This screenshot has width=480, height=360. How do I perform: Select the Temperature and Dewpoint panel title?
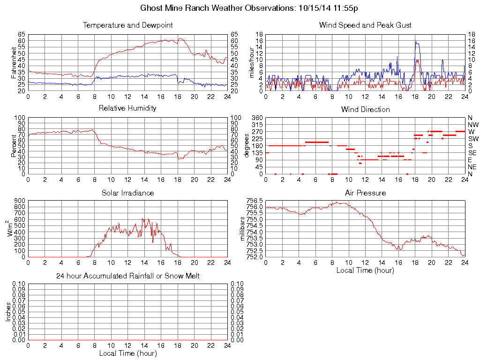tap(127, 25)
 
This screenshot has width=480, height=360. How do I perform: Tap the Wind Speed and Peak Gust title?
tap(365, 25)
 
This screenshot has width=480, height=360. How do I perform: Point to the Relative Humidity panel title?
tap(127, 108)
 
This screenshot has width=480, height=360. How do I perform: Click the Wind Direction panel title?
tap(365, 110)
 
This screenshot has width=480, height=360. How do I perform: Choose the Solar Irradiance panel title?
tap(127, 193)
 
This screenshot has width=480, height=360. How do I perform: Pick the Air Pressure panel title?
tap(365, 193)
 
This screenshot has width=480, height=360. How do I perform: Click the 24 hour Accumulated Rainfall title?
tap(127, 276)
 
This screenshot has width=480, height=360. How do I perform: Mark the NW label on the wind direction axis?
tap(472, 125)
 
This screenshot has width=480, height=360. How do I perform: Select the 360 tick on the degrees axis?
tap(257, 118)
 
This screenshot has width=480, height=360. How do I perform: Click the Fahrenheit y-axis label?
tap(13, 63)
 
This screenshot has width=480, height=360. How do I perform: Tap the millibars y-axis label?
tap(243, 228)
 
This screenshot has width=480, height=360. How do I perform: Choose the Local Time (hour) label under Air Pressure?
tap(365, 270)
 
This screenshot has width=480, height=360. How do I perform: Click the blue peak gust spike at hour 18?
tap(415, 42)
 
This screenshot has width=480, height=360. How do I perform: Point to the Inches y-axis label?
tap(8, 312)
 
